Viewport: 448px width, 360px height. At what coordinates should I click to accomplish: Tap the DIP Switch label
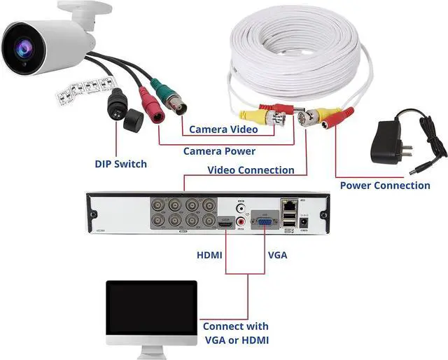pos(121,164)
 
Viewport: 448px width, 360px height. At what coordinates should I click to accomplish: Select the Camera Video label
pos(223,130)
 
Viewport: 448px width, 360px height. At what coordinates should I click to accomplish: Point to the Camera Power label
pos(219,151)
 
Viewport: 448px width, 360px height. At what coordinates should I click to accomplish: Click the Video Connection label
pos(251,170)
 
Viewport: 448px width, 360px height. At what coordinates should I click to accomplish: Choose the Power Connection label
pos(385,186)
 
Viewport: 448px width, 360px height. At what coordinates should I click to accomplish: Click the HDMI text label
pos(209,256)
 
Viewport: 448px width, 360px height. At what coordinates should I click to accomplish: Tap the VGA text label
pos(277,256)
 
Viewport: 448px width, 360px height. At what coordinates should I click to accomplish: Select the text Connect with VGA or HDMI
pos(236,333)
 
